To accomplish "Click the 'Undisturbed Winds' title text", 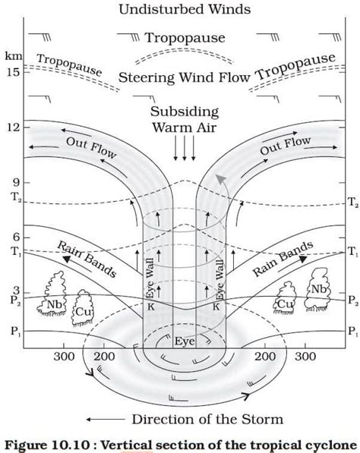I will click(x=180, y=9).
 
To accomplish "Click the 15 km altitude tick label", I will click(x=11, y=72).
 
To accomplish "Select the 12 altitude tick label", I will click(x=11, y=127).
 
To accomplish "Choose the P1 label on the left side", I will click(x=11, y=331).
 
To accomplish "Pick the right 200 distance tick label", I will click(x=264, y=357).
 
